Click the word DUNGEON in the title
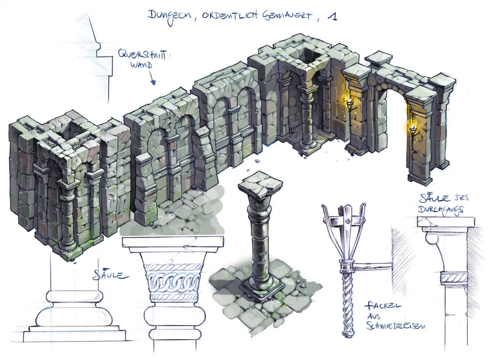click(170, 16)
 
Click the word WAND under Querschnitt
click(142, 65)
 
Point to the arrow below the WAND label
click(152, 78)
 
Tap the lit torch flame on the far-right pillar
click(413, 127)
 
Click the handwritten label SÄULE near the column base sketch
click(110, 275)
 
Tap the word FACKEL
click(383, 306)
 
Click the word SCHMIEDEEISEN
click(395, 325)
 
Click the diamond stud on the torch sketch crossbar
click(347, 221)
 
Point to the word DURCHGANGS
click(440, 210)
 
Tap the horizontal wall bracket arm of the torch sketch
click(371, 266)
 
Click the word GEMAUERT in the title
click(287, 16)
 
